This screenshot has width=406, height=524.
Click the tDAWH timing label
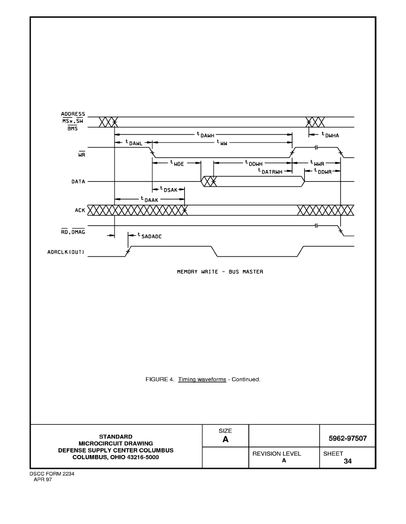[x=205, y=134]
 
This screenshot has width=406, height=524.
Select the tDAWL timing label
[x=134, y=143]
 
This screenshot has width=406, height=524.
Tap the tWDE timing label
[x=177, y=163]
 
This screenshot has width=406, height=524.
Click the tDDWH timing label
[x=254, y=163]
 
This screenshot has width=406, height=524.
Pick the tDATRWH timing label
[x=270, y=171]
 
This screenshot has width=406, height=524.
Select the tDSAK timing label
[x=169, y=190]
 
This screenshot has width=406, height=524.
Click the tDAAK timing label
[x=149, y=199]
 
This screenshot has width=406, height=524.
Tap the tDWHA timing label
[x=330, y=135]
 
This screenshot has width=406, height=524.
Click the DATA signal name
[x=78, y=182]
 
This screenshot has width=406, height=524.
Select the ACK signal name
[x=80, y=210]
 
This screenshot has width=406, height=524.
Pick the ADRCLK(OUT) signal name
[x=66, y=252]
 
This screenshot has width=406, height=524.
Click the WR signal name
[x=82, y=154]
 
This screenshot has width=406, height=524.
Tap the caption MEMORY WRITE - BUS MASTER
[x=220, y=272]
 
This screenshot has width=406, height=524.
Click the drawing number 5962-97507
[x=348, y=438]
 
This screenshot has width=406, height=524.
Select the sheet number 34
[x=348, y=461]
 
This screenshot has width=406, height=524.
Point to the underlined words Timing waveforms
[x=202, y=379]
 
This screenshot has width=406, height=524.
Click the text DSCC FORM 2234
[x=52, y=473]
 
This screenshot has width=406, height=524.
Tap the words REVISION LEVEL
[x=277, y=454]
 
